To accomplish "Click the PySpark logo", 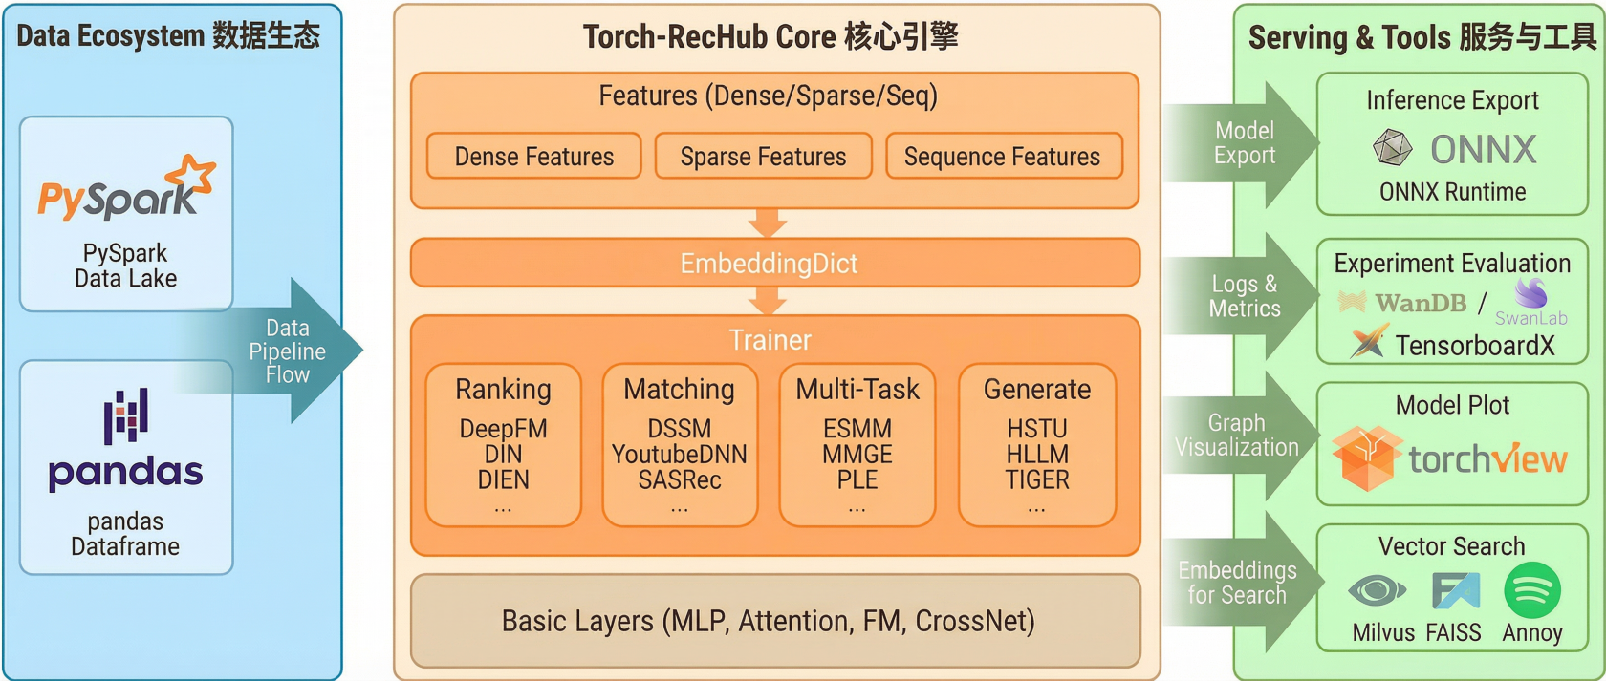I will tap(125, 189).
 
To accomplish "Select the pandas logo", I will tap(125, 439).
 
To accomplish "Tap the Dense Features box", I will tap(533, 157).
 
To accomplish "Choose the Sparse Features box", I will tap(763, 157).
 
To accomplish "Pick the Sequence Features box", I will tap(1002, 157).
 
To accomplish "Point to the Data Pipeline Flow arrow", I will tap(287, 351).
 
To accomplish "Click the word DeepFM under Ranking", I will tap(503, 429).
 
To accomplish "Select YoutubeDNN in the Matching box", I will tap(680, 455).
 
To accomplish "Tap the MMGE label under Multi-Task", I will tap(857, 455).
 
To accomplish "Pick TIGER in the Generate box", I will tap(1037, 479).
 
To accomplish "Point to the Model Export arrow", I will tap(1244, 143).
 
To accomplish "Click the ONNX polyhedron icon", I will tap(1393, 149).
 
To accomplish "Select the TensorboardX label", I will tap(1474, 346).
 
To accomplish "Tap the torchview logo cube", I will tap(1366, 458).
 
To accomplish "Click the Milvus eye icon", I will tap(1377, 591).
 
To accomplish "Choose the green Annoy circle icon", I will tap(1531, 591).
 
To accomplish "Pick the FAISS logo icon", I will tap(1454, 591).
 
